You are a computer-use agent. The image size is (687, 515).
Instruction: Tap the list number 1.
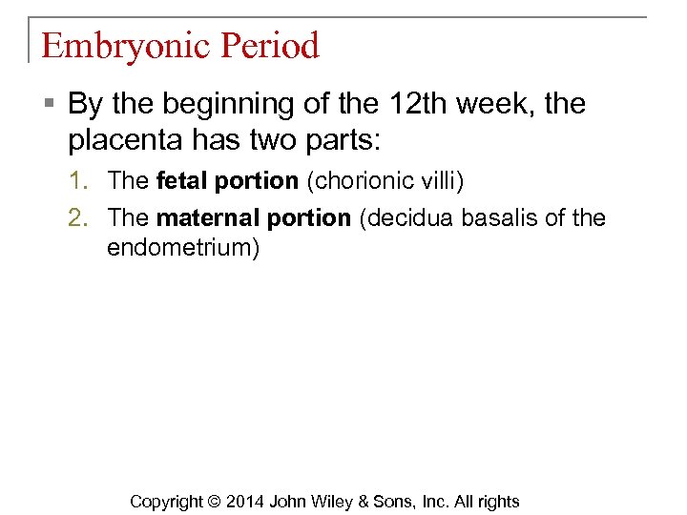click(77, 179)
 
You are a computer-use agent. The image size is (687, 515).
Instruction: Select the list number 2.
click(77, 217)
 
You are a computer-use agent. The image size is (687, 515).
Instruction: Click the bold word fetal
click(178, 179)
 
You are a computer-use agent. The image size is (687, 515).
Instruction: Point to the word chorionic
click(366, 179)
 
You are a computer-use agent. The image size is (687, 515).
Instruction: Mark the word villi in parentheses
click(443, 179)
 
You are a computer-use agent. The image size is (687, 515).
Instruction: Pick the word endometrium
click(182, 249)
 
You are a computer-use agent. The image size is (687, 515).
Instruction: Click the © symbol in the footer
click(214, 502)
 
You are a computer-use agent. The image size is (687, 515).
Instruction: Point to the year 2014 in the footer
click(246, 502)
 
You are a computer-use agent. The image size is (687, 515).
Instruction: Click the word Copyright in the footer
click(166, 502)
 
